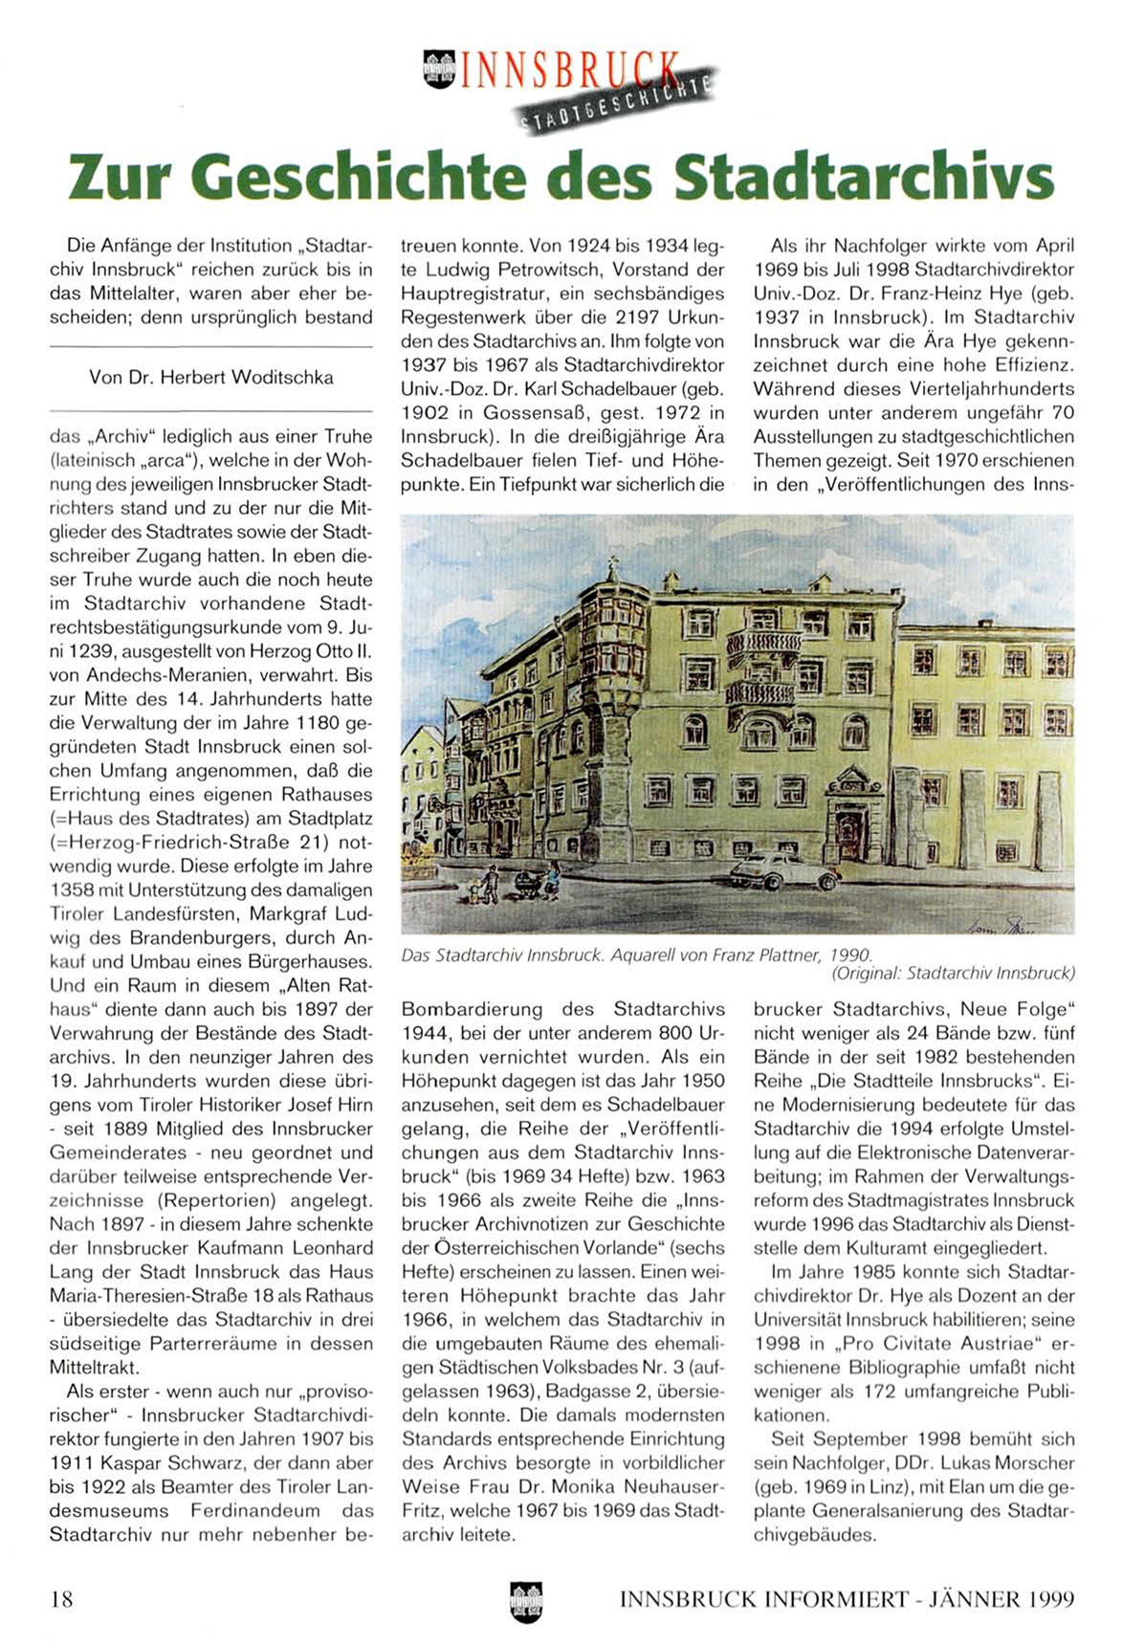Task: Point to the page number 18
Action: click(61, 1598)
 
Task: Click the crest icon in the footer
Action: click(526, 1600)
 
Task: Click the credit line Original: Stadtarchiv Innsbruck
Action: click(953, 974)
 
